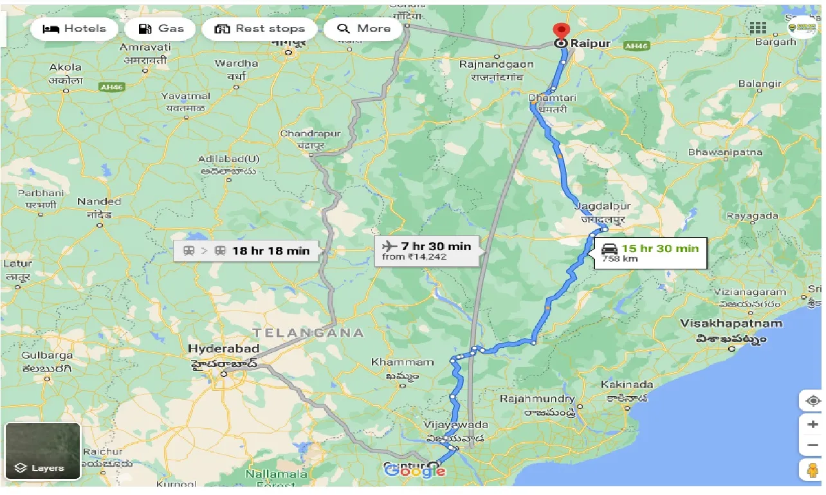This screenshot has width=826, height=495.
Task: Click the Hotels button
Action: click(x=74, y=29)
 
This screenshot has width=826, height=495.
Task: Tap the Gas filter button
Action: click(x=161, y=29)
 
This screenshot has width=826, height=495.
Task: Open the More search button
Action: click(x=363, y=29)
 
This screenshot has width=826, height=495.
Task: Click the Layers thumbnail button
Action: click(x=42, y=451)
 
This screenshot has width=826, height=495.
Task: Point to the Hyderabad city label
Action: click(x=223, y=348)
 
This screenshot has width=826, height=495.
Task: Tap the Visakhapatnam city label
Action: click(x=731, y=323)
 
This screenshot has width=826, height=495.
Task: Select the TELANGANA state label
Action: click(x=308, y=333)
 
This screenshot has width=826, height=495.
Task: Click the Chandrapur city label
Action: click(x=301, y=134)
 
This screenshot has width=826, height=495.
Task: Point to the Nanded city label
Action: click(x=99, y=201)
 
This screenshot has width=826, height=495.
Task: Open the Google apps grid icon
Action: click(x=758, y=27)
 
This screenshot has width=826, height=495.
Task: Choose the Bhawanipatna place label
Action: click(x=725, y=152)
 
